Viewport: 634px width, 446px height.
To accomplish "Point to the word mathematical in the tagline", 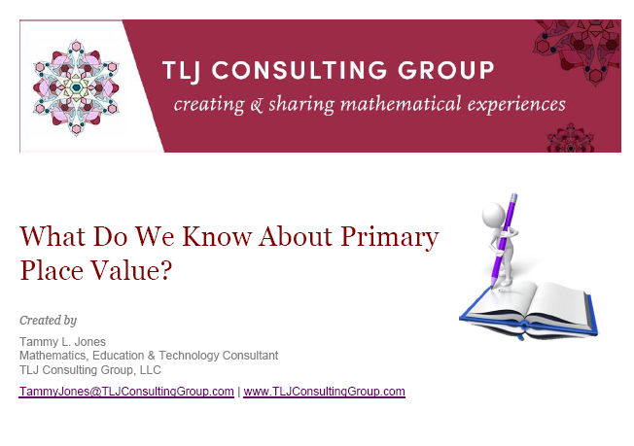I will (x=363, y=104).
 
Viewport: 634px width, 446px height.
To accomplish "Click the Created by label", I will (x=48, y=320).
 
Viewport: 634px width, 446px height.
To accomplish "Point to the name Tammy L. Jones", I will (x=62, y=341).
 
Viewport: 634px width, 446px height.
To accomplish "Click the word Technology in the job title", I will (x=204, y=356).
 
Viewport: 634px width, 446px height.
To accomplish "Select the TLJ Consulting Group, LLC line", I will (x=90, y=369).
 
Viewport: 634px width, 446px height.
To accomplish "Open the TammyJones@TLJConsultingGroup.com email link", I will (x=126, y=392).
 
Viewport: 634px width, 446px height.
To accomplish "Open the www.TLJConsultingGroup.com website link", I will (x=324, y=392).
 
